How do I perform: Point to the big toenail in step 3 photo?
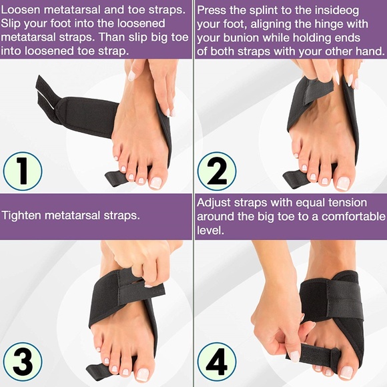click(142, 374)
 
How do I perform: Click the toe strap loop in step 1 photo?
click(116, 177)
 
